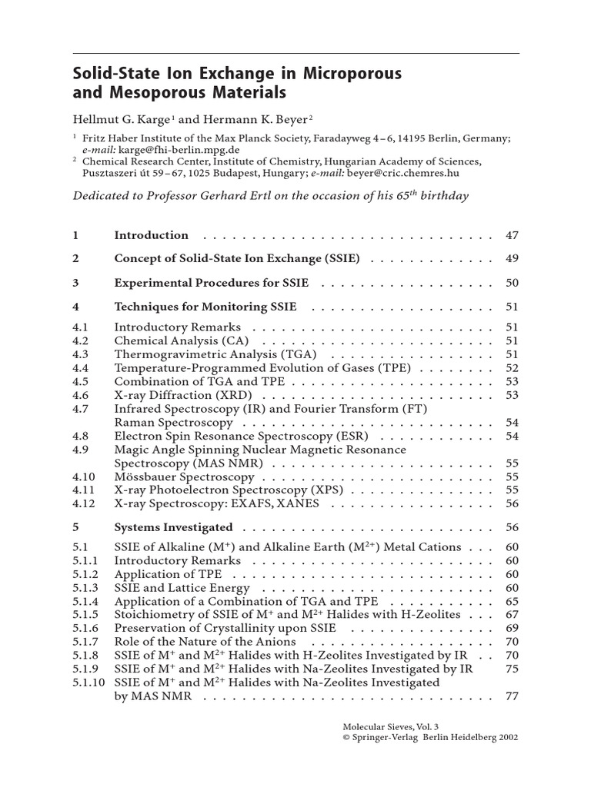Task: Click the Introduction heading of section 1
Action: [x=151, y=235]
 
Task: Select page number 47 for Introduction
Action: [x=513, y=235]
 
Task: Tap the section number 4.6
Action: [x=81, y=395]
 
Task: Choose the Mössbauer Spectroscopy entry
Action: [x=179, y=477]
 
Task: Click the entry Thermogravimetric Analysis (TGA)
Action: [x=215, y=354]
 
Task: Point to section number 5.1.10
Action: [x=87, y=682]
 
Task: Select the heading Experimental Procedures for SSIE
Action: [x=211, y=283]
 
